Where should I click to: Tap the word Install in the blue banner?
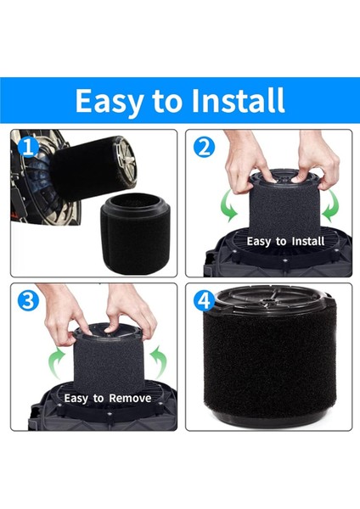tap(239, 100)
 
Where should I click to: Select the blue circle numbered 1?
tap(28, 147)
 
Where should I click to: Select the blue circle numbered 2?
tap(204, 147)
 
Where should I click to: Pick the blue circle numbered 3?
tap(28, 300)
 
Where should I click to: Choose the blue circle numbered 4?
tap(204, 300)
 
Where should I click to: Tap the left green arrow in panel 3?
tap(54, 361)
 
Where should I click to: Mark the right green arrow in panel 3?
tap(160, 361)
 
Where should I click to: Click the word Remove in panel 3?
tap(130, 398)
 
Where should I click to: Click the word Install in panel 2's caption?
tap(308, 241)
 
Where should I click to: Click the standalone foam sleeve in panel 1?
tap(135, 232)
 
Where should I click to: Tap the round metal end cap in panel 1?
tap(125, 162)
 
